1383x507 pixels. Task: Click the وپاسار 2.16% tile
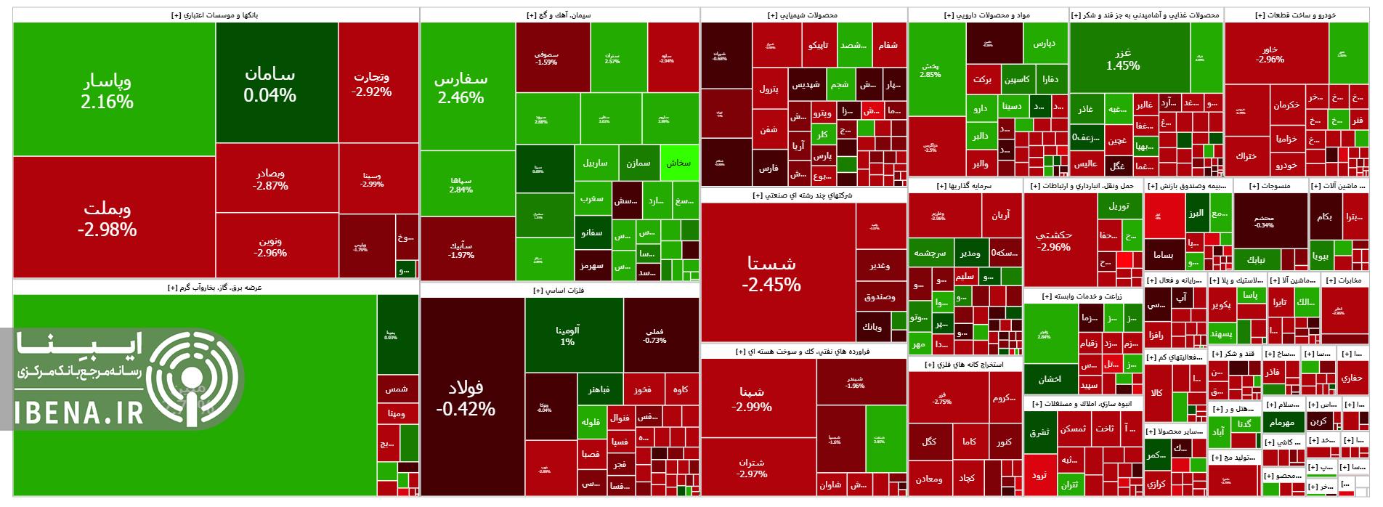tap(108, 90)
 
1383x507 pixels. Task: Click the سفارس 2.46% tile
tap(461, 87)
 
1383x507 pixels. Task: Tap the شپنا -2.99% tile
tap(752, 398)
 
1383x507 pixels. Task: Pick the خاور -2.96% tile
tap(1270, 54)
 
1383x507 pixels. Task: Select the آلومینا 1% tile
tap(567, 335)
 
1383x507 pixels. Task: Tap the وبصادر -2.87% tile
tap(270, 179)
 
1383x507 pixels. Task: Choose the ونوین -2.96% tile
tap(269, 247)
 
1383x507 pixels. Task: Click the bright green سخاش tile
tap(678, 163)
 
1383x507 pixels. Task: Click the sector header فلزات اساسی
tap(559, 291)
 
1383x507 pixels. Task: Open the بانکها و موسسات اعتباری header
tap(215, 15)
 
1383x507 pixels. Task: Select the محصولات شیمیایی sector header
tap(803, 15)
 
